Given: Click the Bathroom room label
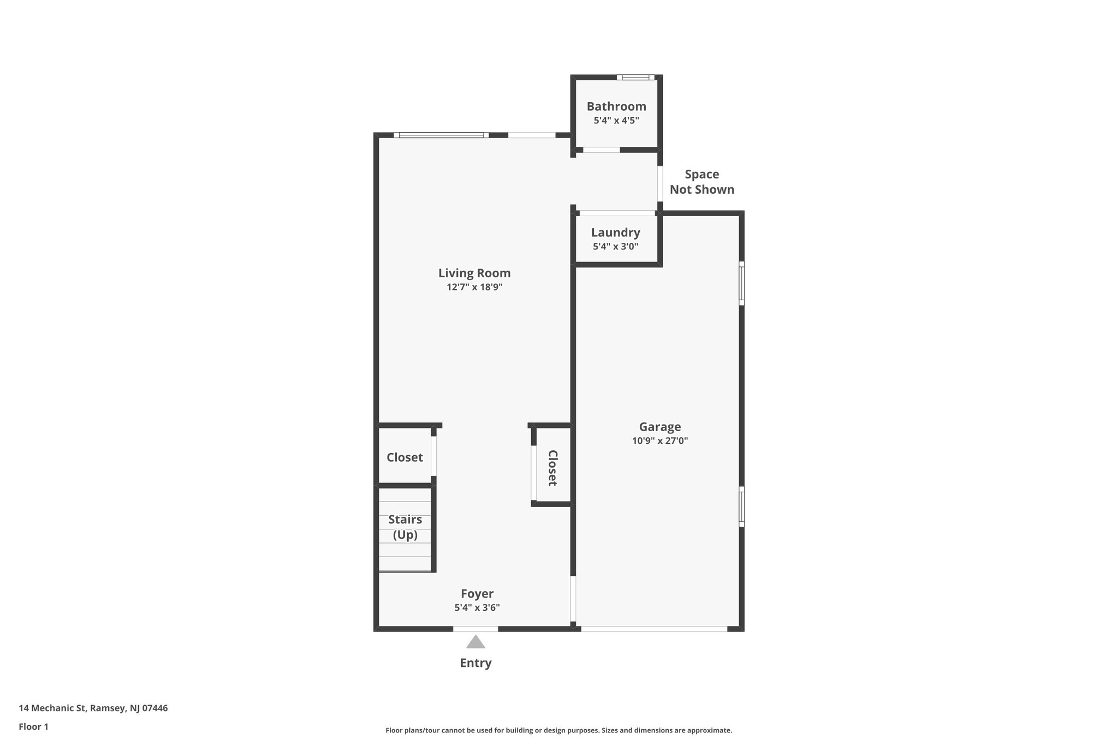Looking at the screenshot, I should click(x=616, y=106).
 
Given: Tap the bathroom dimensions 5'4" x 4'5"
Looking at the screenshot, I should click(x=616, y=121).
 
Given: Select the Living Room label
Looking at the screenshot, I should click(x=474, y=273).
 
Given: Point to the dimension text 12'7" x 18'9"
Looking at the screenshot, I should click(x=474, y=287).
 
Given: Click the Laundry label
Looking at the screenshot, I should click(x=615, y=233).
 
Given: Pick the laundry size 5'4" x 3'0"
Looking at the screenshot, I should click(x=615, y=246).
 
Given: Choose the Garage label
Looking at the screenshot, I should click(x=660, y=427).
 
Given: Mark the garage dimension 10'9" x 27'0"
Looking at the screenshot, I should click(x=660, y=441).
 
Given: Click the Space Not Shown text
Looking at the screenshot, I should click(x=702, y=182).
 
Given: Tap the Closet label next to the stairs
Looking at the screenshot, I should click(x=405, y=457).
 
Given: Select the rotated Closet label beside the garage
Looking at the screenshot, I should click(x=552, y=468).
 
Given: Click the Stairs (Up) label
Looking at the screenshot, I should click(x=405, y=527).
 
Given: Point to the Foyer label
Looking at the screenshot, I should click(x=477, y=594).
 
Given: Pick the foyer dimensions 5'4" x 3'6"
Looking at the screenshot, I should click(x=477, y=607).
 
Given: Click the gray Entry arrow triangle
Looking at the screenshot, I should click(x=475, y=642).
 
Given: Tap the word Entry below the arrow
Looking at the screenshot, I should click(x=475, y=663).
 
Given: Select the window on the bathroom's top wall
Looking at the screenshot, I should click(x=635, y=77).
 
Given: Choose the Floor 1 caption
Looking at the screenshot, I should click(x=34, y=727).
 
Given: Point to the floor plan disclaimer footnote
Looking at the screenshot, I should click(x=558, y=730).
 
